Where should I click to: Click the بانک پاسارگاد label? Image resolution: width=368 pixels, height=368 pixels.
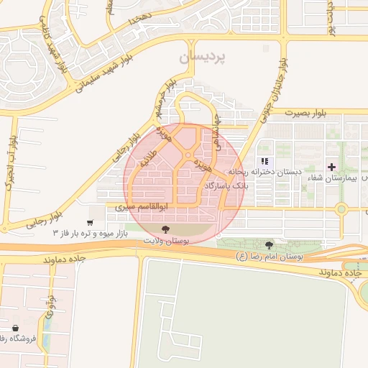(226, 185)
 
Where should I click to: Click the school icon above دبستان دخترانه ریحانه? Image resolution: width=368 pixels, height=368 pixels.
(264, 161)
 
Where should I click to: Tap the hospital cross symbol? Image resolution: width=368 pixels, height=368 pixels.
(331, 166)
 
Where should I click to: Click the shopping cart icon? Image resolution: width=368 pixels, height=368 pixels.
(89, 223)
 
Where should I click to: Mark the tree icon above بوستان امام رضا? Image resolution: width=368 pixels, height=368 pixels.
(270, 245)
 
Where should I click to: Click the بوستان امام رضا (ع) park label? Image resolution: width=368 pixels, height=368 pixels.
(271, 256)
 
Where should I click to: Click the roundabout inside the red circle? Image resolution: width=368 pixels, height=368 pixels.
(188, 155)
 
